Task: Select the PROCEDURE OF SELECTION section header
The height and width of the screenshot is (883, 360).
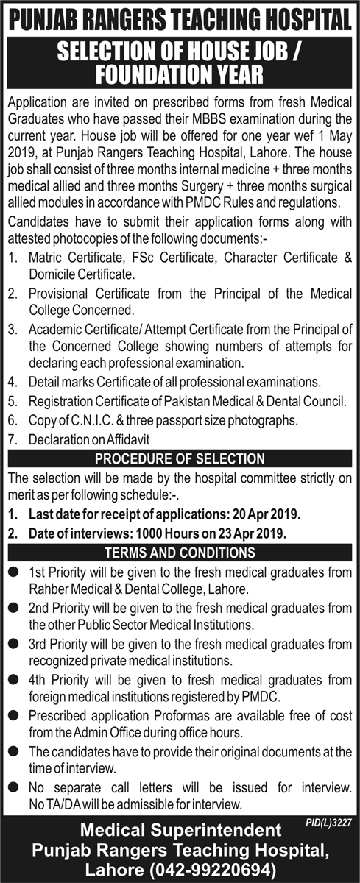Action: click(180, 458)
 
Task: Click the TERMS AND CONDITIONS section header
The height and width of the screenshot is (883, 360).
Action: click(180, 553)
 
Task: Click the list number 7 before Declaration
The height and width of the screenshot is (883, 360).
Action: click(13, 439)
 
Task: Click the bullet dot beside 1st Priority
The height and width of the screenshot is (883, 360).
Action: click(13, 572)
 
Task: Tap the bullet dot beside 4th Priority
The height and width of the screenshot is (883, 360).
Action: click(13, 678)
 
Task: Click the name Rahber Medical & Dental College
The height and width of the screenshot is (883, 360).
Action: click(113, 589)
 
